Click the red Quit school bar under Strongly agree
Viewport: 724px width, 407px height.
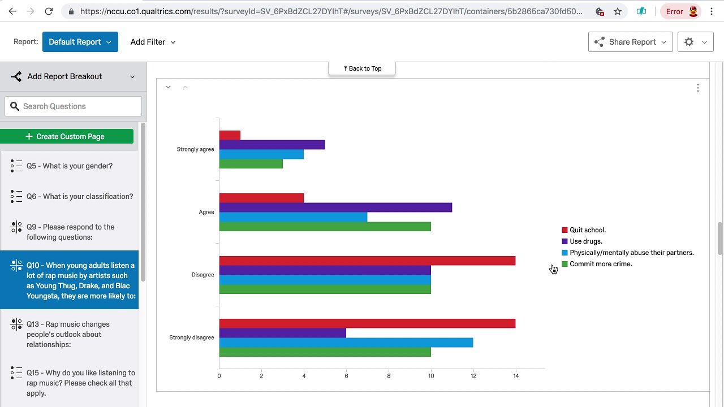(x=230, y=136)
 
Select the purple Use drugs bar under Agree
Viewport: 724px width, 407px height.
(x=335, y=207)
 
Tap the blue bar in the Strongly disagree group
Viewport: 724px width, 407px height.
(x=346, y=343)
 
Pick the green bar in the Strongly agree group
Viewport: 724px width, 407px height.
(x=251, y=164)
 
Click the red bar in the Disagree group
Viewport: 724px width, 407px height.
(x=367, y=261)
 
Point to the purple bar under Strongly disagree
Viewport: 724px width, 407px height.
(x=282, y=333)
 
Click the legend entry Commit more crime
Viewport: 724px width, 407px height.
(x=600, y=264)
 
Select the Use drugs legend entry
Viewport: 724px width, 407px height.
(x=585, y=241)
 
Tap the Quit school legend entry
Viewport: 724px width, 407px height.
(x=587, y=230)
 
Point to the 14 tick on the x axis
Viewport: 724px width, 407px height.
(x=516, y=376)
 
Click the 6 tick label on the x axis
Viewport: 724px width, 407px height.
(x=346, y=376)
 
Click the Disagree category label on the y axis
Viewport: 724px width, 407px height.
(x=202, y=275)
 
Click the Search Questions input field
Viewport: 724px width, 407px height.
(x=74, y=106)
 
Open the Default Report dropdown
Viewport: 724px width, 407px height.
(x=80, y=42)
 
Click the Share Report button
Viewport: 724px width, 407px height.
(x=631, y=42)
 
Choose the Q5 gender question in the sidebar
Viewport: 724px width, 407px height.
(x=70, y=166)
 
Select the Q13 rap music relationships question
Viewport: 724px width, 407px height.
(x=70, y=334)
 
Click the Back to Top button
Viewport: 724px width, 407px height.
(x=362, y=68)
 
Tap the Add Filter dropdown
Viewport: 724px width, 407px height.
(x=153, y=42)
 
